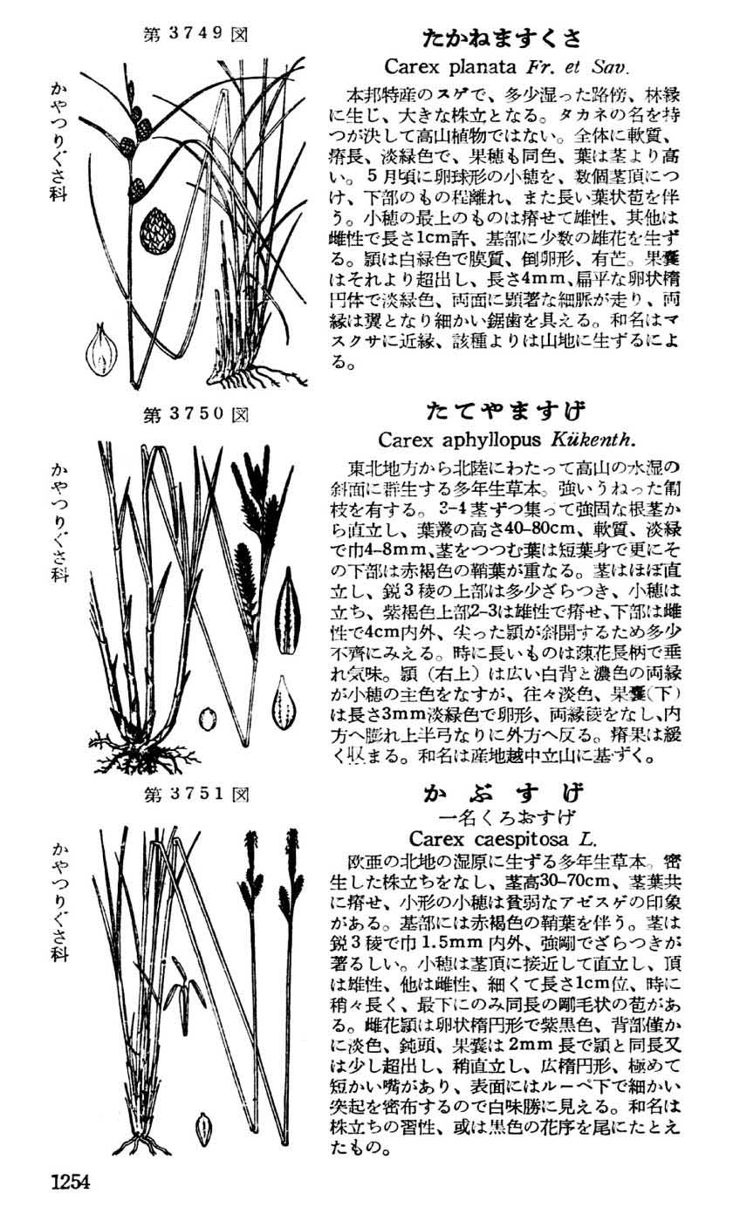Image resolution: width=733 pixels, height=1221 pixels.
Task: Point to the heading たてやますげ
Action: tap(506, 411)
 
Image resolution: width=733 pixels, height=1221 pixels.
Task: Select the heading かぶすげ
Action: tap(504, 793)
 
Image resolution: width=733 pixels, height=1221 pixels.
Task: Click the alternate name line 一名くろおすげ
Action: tap(504, 817)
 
